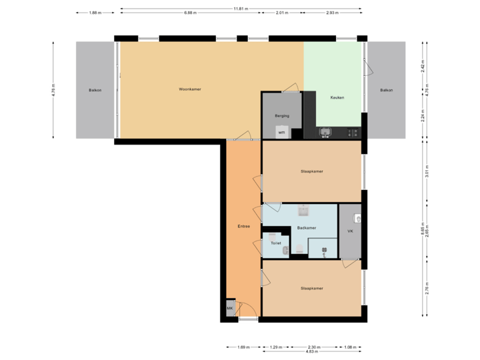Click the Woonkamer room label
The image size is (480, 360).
pyautogui.click(x=190, y=89)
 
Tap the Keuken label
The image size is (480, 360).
pyautogui.click(x=337, y=98)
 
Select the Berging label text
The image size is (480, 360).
pyautogui.click(x=282, y=115)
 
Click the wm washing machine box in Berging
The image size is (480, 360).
pyautogui.click(x=282, y=131)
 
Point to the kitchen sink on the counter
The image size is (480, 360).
pyautogui.click(x=325, y=132)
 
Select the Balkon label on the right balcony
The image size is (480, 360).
pyautogui.click(x=387, y=90)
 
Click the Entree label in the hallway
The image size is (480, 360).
pyautogui.click(x=244, y=227)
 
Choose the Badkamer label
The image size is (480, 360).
pyautogui.click(x=307, y=227)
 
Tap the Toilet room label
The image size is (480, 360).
pyautogui.click(x=275, y=243)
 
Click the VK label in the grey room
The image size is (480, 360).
pyautogui.click(x=350, y=231)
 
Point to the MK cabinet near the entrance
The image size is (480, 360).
pyautogui.click(x=230, y=309)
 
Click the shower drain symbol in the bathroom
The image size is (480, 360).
pyautogui.click(x=324, y=251)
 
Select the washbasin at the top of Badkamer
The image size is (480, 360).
pyautogui.click(x=303, y=211)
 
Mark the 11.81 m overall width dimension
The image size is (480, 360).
pyautogui.click(x=241, y=9)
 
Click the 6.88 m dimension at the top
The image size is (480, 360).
pyautogui.click(x=190, y=13)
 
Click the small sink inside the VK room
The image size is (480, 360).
pyautogui.click(x=358, y=217)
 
